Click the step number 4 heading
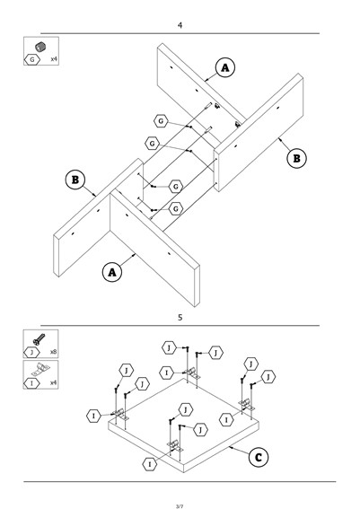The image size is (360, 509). (x=180, y=25)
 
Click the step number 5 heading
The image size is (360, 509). (x=180, y=318)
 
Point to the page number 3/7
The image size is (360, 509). (x=180, y=506)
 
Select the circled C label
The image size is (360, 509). (x=259, y=458)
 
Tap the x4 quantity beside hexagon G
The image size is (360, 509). (x=54, y=59)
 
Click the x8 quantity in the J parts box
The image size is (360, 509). (x=54, y=352)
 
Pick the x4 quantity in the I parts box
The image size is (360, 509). (x=54, y=382)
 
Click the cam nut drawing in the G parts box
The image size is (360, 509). (x=40, y=47)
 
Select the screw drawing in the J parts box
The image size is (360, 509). (x=39, y=339)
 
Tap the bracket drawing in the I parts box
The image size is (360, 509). (x=41, y=369)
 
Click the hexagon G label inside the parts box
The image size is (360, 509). (x=32, y=60)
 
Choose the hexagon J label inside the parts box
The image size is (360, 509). (x=31, y=352)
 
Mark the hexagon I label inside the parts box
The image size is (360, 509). (x=31, y=383)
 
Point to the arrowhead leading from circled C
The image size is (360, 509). (x=230, y=447)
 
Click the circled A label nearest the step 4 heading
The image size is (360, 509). (x=225, y=67)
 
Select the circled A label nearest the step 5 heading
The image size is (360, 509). (x=112, y=272)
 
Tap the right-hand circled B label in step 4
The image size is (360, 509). (x=296, y=158)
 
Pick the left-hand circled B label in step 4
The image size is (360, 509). (x=75, y=180)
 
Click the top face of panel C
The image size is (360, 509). (x=183, y=422)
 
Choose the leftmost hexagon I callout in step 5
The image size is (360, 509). (x=93, y=416)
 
